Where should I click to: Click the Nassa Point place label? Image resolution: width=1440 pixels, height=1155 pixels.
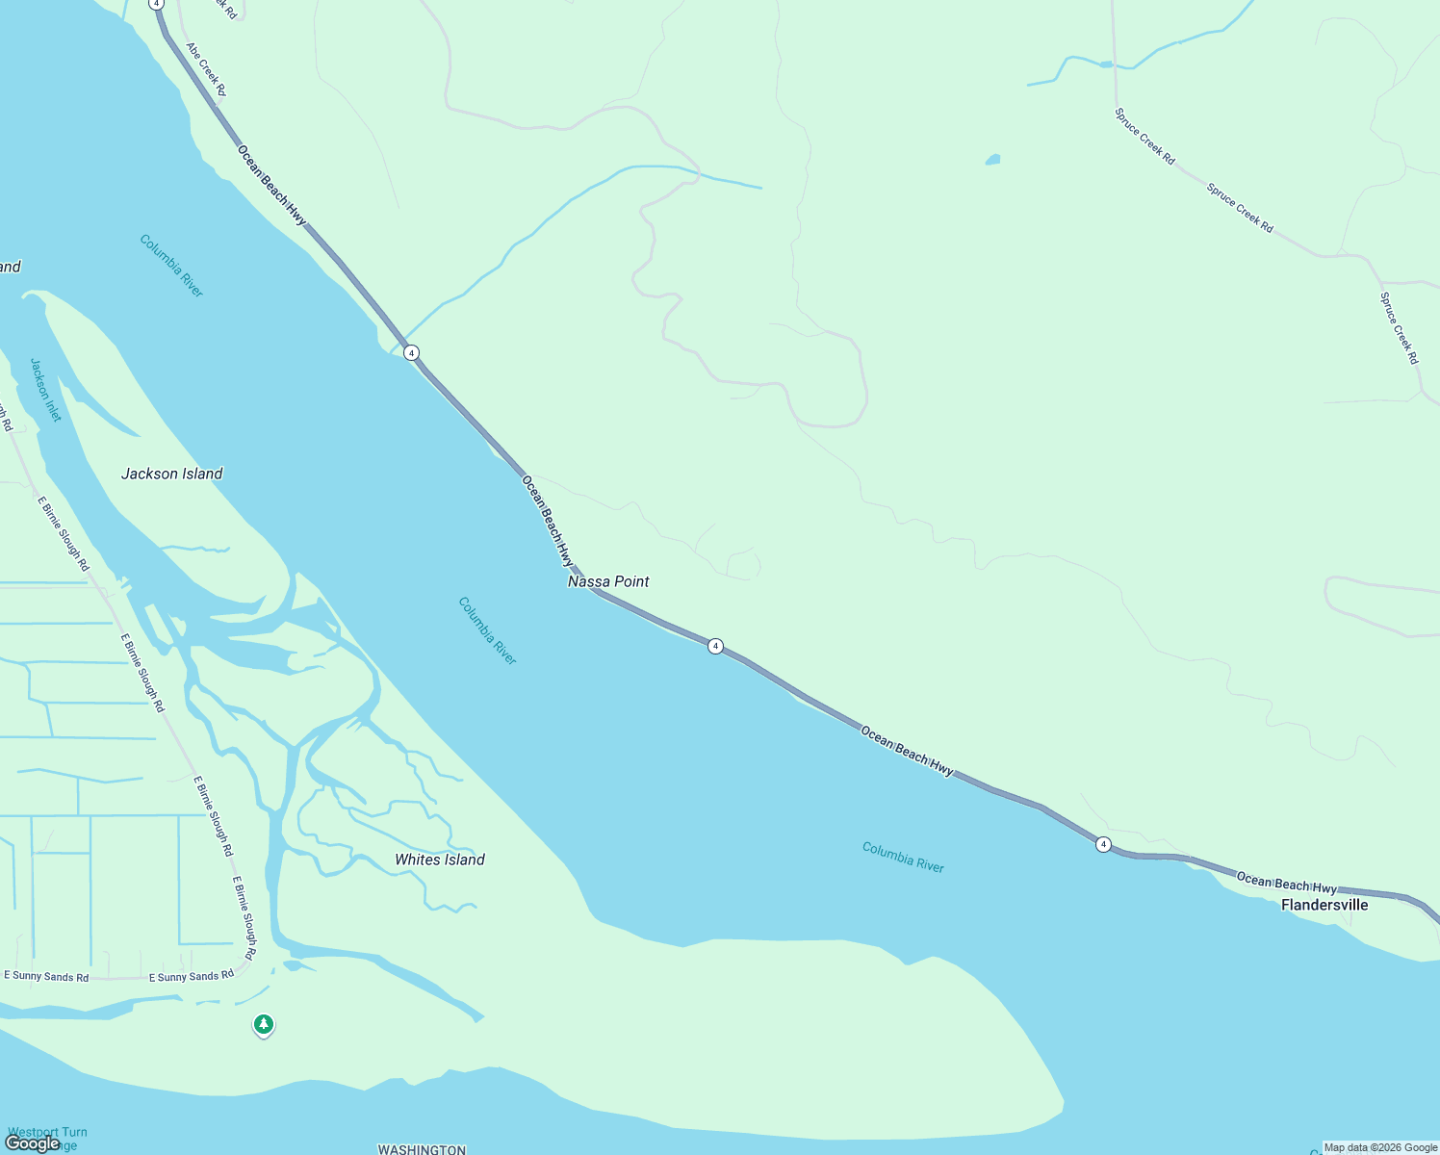608,581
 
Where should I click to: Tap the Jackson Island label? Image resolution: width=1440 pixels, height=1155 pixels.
171,474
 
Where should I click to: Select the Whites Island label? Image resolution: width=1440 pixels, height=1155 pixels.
440,860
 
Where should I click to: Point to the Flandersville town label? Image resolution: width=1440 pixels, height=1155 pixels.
1324,905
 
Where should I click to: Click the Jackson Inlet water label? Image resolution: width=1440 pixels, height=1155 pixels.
45,390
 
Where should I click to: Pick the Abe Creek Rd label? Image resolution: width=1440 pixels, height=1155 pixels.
206,68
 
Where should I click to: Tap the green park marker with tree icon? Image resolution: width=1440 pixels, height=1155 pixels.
264,1024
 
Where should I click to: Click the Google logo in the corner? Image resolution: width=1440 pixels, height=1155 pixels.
33,1143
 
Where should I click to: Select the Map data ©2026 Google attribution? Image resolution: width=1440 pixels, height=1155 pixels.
1380,1147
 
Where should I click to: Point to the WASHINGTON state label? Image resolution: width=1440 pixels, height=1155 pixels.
422,1149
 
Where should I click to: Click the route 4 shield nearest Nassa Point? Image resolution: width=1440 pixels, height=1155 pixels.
715,646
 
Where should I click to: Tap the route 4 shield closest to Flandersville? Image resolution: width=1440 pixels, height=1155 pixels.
1103,844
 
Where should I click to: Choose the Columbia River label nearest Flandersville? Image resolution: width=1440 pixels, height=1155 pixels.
903,858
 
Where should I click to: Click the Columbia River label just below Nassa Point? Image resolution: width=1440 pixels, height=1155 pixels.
487,630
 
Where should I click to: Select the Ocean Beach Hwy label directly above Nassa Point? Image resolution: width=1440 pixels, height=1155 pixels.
548,521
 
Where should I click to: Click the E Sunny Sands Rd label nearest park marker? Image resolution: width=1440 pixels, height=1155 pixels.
192,976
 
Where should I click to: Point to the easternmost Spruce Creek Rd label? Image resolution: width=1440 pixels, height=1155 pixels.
1399,328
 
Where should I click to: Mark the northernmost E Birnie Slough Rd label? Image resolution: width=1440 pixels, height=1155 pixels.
63,533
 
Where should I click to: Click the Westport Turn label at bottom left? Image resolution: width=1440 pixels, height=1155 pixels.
47,1133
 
